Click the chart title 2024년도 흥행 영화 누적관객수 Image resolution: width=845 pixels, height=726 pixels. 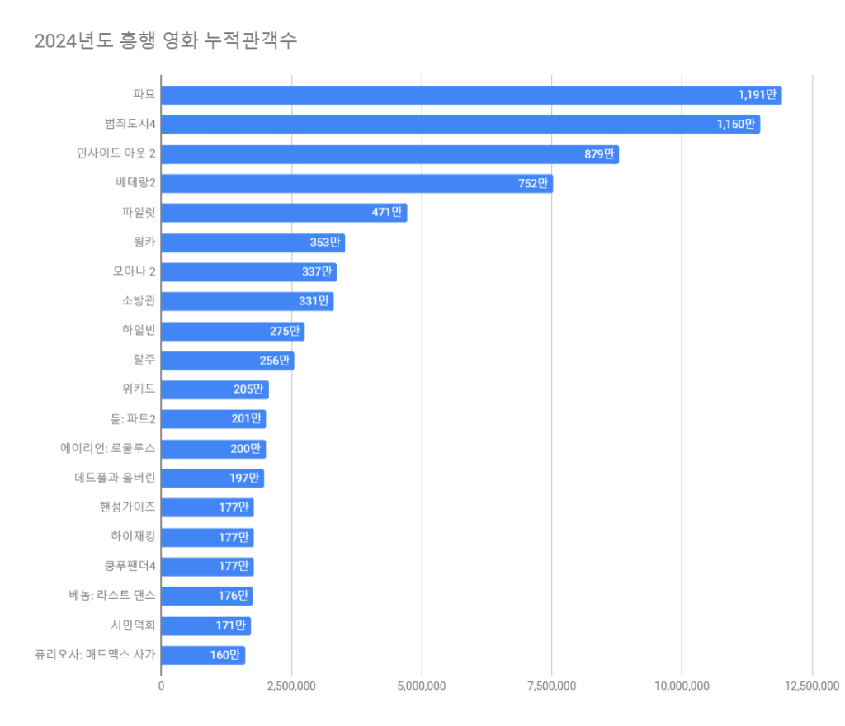pos(166,40)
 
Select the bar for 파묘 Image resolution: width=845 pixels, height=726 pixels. pos(470,95)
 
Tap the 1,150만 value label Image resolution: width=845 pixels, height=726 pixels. pos(735,125)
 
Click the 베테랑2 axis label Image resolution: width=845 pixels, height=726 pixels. pos(136,183)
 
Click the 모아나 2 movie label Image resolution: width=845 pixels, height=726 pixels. pos(135,271)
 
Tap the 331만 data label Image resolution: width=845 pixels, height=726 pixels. pos(314,301)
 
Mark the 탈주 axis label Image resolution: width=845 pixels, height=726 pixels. pos(144,361)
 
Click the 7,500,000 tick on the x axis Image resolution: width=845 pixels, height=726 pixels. pos(551,686)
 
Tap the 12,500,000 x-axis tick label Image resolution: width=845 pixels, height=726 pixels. pos(811,686)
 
